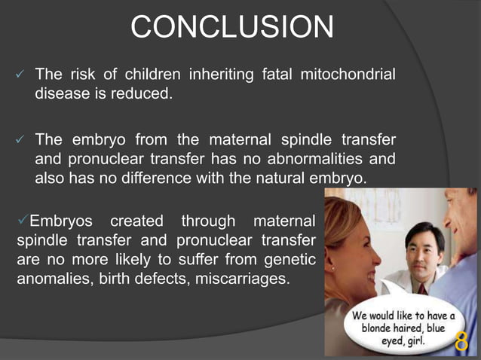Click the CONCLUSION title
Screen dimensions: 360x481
point(232,29)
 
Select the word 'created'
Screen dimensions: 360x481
point(136,221)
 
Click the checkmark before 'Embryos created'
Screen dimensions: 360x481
point(21,221)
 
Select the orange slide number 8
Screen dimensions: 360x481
point(461,343)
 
